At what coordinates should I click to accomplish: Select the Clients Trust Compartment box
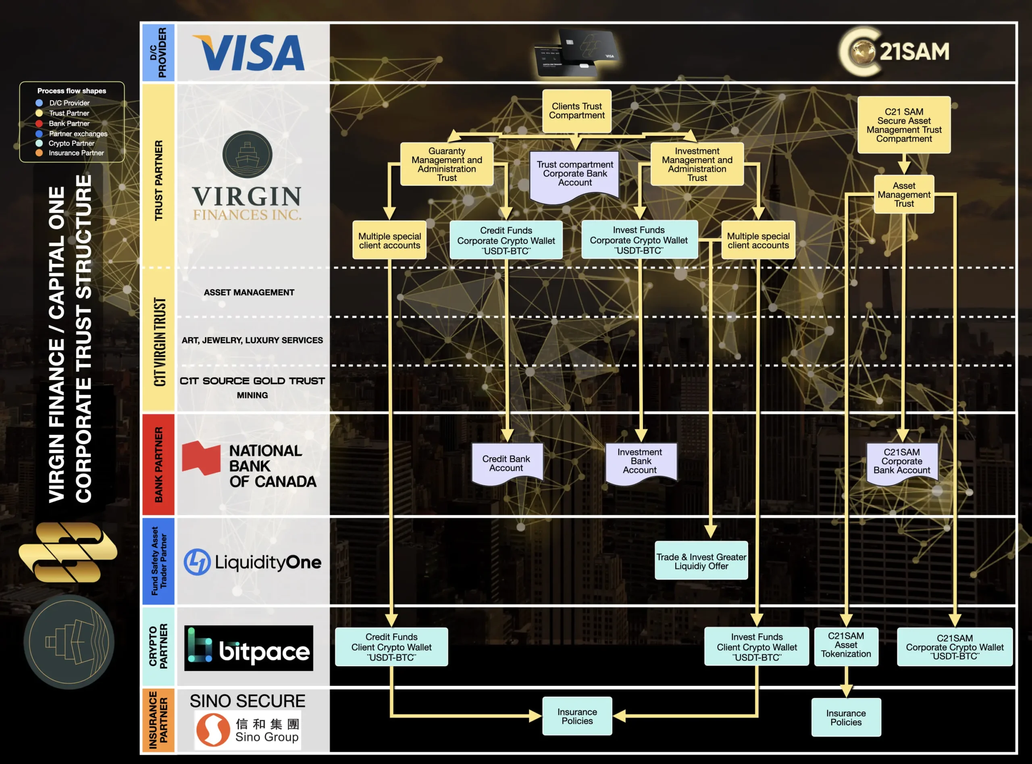pos(576,111)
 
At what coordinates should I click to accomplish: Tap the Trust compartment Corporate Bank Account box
pos(574,174)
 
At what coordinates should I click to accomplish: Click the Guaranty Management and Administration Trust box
pos(446,164)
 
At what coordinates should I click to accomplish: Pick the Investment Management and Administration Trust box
pos(697,164)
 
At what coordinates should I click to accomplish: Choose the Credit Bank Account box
pos(506,463)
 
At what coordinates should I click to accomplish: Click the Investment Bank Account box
pos(640,461)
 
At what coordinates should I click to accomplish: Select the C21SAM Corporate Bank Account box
pos(901,461)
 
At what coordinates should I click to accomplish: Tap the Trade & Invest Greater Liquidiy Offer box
pos(701,561)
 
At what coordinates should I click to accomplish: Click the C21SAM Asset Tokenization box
pos(846,646)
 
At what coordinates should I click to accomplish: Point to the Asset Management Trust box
pos(904,194)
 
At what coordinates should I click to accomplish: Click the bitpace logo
pos(248,648)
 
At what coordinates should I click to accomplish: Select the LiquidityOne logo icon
pos(197,562)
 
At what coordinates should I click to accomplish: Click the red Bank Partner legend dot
pos(40,123)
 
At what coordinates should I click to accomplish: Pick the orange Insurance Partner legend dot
pos(40,153)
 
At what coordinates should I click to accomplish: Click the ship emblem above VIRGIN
pos(247,154)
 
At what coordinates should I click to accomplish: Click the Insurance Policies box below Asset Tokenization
pos(846,717)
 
